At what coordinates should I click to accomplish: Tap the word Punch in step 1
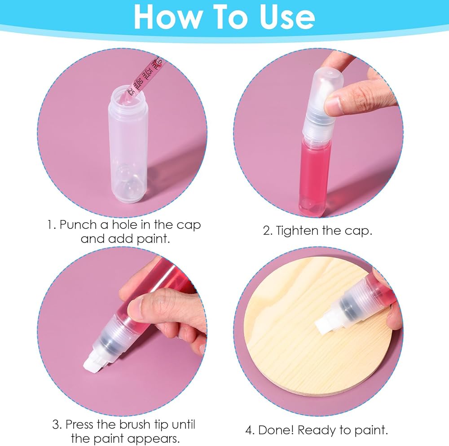(x=78, y=225)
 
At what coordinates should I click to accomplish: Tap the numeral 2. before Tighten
(x=268, y=231)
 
